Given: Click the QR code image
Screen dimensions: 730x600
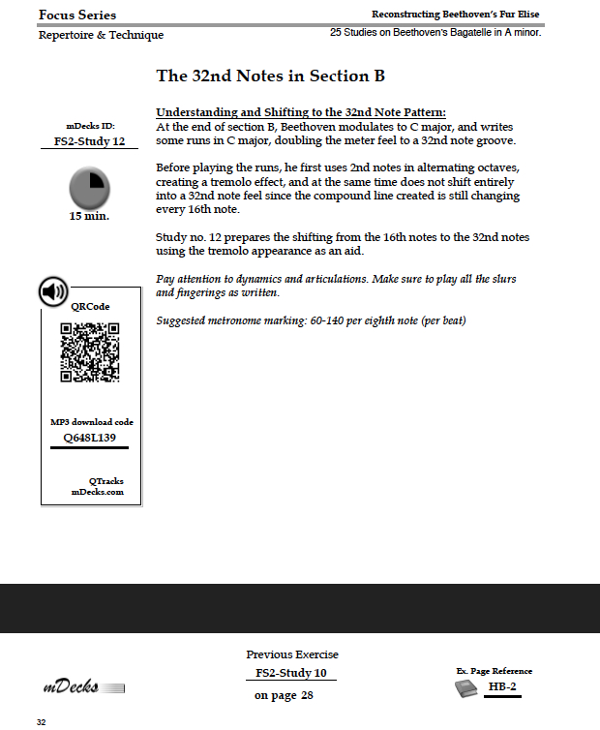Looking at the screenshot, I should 90,352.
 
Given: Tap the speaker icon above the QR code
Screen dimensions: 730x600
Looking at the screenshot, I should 53,290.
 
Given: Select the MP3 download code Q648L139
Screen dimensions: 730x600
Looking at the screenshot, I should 89,437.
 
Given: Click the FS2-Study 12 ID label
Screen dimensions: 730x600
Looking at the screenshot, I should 89,141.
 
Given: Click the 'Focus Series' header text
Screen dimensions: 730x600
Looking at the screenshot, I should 77,15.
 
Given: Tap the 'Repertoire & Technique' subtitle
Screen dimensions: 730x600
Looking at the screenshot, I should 101,35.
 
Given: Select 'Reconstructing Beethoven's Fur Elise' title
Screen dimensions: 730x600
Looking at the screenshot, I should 455,15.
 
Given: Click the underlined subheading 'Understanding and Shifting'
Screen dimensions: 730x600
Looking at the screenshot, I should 300,112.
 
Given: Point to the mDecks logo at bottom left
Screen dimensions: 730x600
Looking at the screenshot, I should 83,687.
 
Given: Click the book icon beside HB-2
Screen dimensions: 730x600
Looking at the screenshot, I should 466,687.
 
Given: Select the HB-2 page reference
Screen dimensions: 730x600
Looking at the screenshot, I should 500,686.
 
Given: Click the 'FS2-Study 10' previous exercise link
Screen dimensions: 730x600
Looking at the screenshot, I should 290,673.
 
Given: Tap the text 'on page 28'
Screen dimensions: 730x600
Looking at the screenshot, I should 284,695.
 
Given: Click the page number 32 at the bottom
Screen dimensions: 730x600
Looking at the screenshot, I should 41,722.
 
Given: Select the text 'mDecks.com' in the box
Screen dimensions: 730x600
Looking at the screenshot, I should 97,492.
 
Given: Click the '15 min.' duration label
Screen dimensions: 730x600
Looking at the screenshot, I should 89,216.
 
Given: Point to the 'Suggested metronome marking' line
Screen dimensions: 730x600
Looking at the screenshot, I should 311,320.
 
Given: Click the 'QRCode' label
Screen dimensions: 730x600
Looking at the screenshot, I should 90,306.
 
